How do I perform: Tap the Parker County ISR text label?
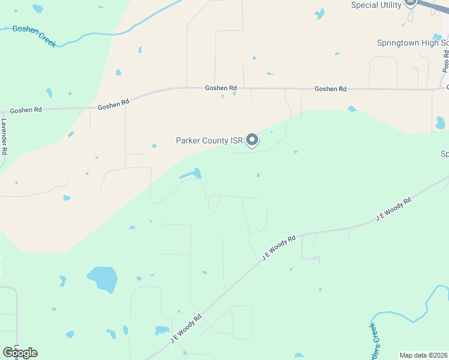pyautogui.click(x=209, y=141)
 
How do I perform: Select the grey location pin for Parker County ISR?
pyautogui.click(x=253, y=140)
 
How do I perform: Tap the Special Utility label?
pyautogui.click(x=376, y=5)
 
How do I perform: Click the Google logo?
pyautogui.click(x=20, y=352)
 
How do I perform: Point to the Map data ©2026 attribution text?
pyautogui.click(x=424, y=355)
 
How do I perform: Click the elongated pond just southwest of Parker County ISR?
pyautogui.click(x=190, y=175)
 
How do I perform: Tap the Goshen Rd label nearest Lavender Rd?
pyautogui.click(x=26, y=110)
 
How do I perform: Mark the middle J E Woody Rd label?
pyautogui.click(x=279, y=248)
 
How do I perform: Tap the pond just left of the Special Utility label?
pyautogui.click(x=319, y=13)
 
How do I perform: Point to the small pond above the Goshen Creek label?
pyautogui.click(x=38, y=9)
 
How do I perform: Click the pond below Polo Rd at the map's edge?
pyautogui.click(x=441, y=123)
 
